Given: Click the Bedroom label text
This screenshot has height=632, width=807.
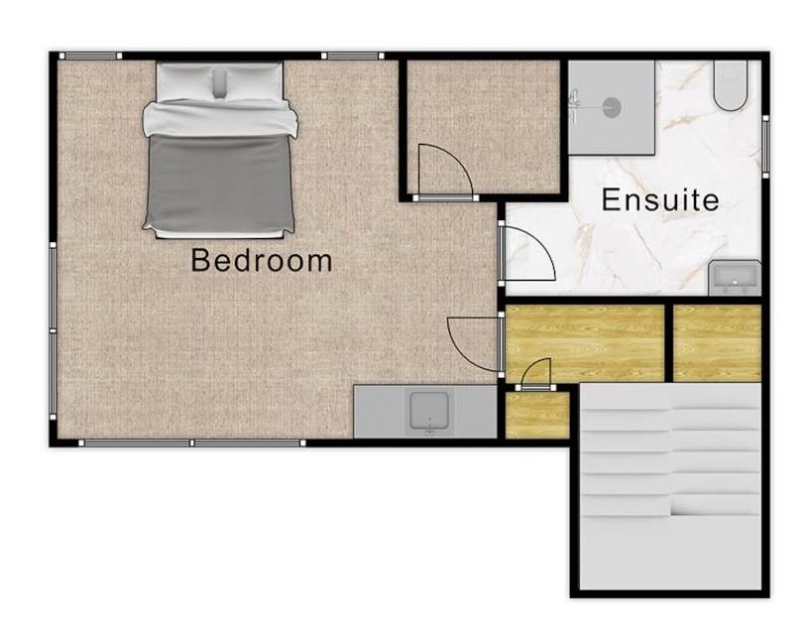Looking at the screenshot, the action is [x=262, y=261].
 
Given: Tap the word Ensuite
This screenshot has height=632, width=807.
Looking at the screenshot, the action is [x=660, y=199].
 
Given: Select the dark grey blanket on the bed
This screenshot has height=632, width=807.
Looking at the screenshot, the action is [x=220, y=183].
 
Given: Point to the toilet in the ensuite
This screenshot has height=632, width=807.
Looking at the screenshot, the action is [x=731, y=85].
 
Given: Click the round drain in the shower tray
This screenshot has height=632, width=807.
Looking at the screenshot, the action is [x=611, y=107].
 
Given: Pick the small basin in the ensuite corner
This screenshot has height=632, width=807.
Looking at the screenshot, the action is [x=735, y=278].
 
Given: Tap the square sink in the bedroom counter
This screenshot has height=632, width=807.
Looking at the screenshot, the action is [x=429, y=411].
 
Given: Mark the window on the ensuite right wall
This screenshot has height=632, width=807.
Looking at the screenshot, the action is [x=765, y=147].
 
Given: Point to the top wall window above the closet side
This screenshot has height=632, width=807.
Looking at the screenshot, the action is [x=353, y=56].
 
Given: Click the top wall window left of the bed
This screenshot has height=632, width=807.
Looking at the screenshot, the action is [x=90, y=56].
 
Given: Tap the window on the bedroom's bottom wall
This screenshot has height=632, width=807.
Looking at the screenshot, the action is [x=191, y=442].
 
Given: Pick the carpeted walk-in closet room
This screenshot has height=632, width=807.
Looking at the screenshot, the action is [x=483, y=126].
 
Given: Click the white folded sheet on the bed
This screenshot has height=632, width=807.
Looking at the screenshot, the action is [x=220, y=118].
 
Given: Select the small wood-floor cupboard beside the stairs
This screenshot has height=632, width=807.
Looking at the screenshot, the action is [x=537, y=416].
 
